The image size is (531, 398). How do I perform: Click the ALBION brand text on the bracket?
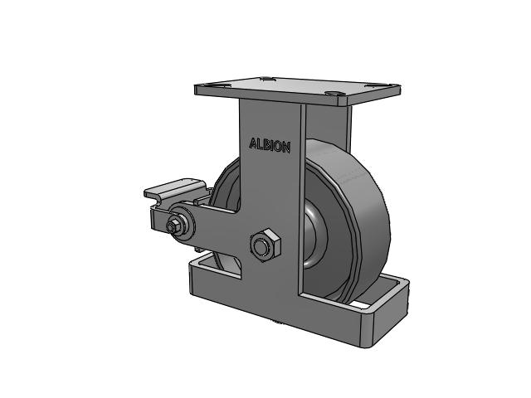click(x=270, y=145)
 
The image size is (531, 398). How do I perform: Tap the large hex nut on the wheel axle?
click(x=265, y=245)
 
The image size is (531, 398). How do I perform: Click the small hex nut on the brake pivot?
click(x=173, y=226)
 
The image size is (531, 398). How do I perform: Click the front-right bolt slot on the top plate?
click(x=334, y=93)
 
